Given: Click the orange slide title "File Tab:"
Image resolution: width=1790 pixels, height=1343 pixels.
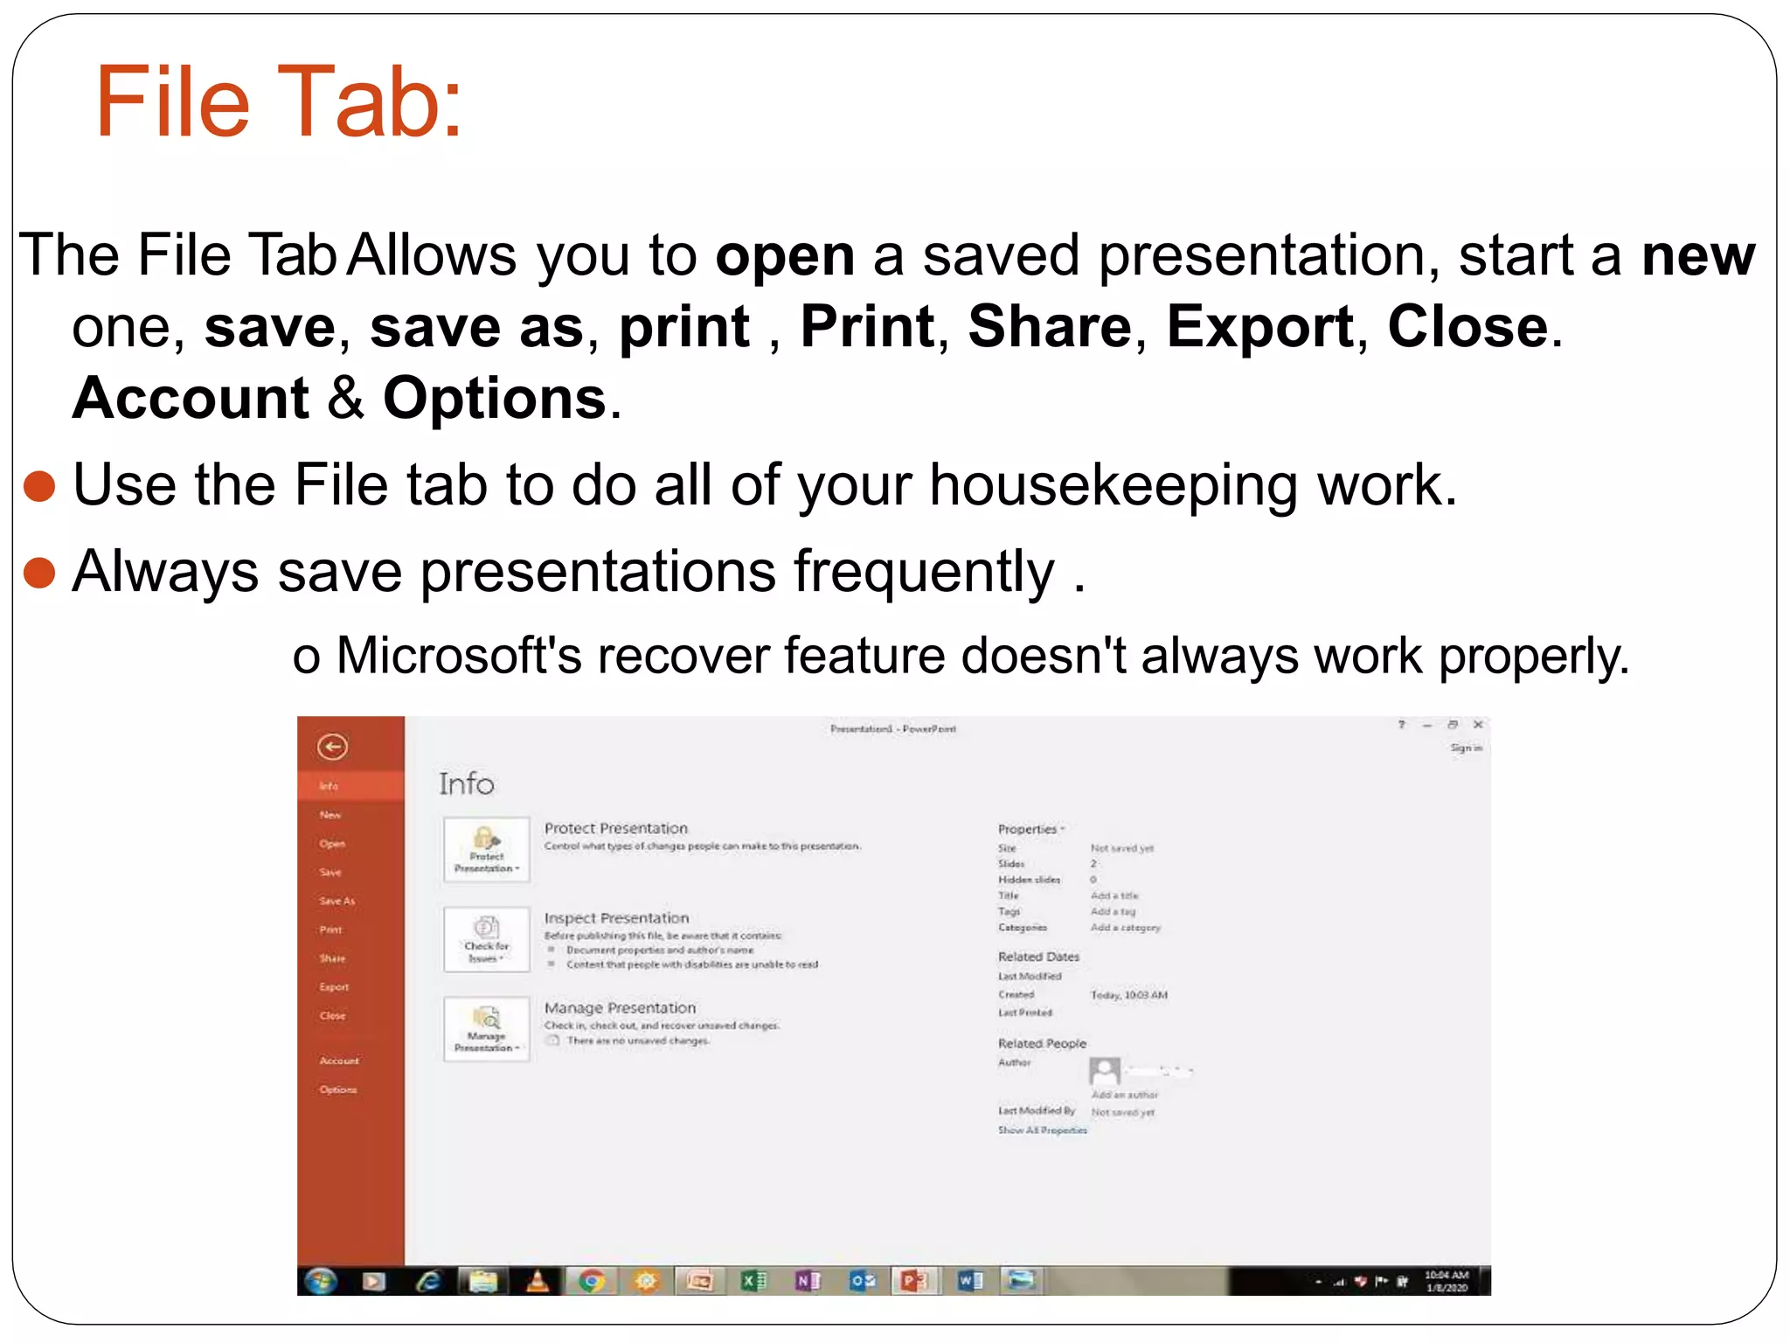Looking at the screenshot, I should click(278, 102).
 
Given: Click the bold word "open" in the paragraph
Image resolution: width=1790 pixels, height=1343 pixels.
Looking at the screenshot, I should click(784, 256).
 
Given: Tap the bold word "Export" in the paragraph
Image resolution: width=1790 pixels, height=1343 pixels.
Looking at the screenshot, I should click(1259, 327).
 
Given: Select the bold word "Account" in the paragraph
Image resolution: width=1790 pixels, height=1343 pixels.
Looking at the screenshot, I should click(191, 399).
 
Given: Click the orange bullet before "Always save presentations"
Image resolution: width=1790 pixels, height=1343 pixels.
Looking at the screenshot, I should click(39, 574).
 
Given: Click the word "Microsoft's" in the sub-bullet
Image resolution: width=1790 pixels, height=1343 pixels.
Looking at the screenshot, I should click(458, 656).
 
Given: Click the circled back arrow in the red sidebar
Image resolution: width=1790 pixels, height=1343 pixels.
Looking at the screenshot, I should click(332, 747).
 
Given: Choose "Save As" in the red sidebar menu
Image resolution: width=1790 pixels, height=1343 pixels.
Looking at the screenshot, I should click(336, 901).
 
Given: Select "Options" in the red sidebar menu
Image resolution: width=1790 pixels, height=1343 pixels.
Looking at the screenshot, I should click(337, 1089).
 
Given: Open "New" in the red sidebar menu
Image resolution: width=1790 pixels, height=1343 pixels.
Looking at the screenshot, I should click(330, 815).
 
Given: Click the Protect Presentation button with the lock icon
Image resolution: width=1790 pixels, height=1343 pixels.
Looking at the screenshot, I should click(486, 849).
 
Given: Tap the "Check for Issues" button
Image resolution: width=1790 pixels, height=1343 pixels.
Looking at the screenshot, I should click(486, 940).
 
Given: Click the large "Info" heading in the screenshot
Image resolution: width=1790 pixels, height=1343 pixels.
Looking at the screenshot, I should click(466, 784).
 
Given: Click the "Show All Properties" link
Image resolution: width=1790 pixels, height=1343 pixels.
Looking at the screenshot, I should click(1042, 1131).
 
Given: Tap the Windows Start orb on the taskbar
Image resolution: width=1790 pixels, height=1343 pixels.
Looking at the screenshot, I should click(321, 1281).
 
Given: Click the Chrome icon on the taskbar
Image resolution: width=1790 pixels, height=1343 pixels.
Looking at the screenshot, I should click(592, 1281).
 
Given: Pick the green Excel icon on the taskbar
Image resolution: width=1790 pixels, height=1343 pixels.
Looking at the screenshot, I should click(753, 1281).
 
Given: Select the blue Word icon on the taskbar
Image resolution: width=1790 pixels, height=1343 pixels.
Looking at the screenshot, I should click(969, 1281).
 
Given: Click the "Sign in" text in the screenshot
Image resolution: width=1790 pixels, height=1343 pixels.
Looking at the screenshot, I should click(1466, 748).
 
